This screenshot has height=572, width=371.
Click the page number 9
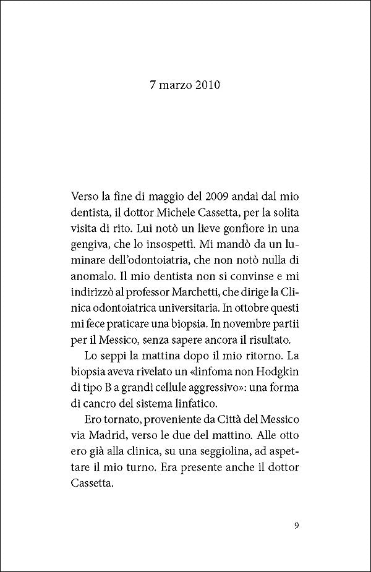297,526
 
